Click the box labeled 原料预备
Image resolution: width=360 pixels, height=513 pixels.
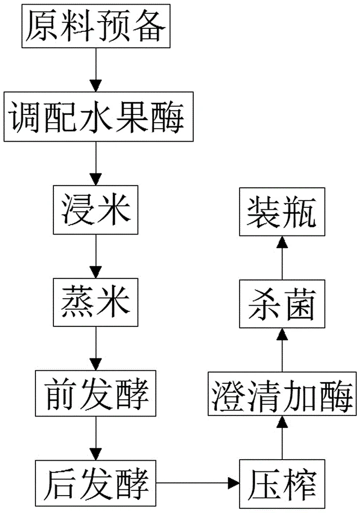point(95,26)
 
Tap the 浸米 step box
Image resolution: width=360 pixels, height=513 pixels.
point(95,210)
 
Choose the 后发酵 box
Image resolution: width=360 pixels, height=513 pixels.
point(96,482)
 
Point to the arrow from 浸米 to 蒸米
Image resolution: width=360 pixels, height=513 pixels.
point(95,256)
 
